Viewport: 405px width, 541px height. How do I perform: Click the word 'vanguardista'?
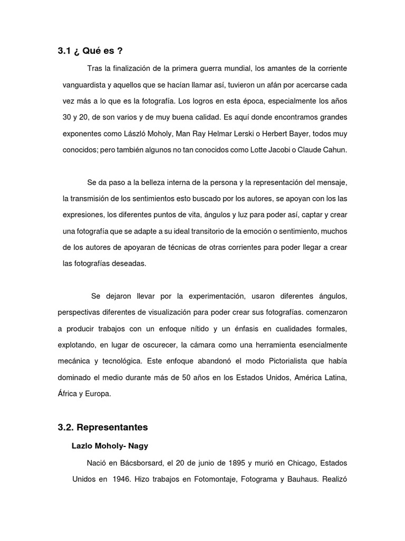86,85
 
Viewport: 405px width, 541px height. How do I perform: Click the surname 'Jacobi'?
284,150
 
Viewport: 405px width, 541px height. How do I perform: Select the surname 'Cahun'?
335,150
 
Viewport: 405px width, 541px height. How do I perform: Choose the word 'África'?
69,394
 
